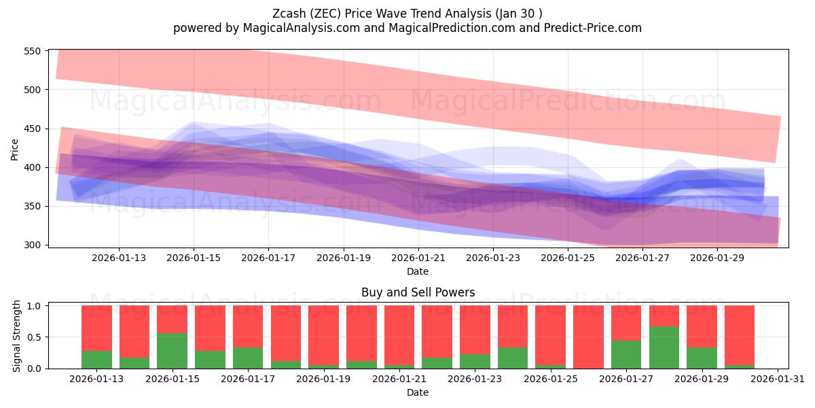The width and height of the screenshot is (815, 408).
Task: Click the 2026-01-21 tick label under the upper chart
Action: point(418,258)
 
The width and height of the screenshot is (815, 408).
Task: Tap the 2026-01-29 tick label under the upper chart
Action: point(717,258)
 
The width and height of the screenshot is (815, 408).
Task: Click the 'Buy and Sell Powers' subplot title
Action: point(418,292)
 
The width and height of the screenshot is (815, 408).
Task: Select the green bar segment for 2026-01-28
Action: point(664,347)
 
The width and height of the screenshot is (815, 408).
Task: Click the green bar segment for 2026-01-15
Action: point(172,351)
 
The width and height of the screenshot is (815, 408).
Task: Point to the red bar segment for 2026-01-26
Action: point(588,337)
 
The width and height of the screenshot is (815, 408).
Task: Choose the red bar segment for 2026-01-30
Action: point(740,335)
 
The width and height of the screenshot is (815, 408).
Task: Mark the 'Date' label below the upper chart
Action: point(418,271)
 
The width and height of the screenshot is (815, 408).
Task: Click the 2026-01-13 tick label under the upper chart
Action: point(119,258)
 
